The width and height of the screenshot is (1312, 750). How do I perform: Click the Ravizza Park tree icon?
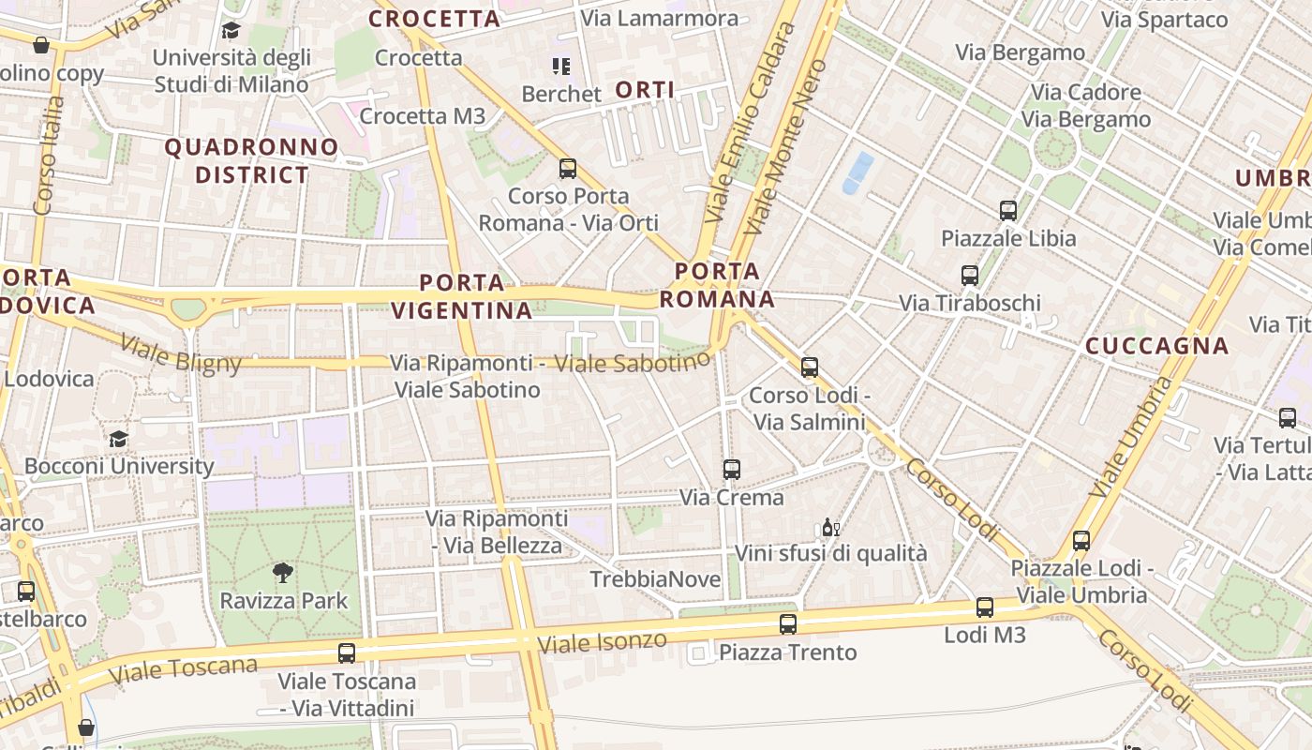click(282, 573)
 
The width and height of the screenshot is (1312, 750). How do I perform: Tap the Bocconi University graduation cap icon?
click(118, 439)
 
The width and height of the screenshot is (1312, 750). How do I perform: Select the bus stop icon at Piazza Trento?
click(788, 624)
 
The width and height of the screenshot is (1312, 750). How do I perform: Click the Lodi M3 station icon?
click(984, 607)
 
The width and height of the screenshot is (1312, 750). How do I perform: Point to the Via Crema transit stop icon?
click(732, 470)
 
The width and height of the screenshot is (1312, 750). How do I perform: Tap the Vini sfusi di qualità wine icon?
click(830, 527)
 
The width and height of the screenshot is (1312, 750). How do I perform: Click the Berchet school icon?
click(561, 67)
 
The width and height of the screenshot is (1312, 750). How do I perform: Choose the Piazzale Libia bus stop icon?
click(1008, 211)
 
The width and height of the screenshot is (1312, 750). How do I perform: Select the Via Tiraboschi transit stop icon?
click(970, 276)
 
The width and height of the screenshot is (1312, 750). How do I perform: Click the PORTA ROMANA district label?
click(718, 285)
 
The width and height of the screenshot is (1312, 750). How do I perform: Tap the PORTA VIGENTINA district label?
click(461, 296)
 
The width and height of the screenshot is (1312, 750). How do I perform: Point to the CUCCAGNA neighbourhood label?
click(1156, 346)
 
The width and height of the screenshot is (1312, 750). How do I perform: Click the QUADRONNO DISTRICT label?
click(251, 160)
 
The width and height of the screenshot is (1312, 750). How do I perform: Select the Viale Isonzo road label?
click(602, 643)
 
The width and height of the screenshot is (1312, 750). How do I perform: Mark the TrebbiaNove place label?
click(655, 579)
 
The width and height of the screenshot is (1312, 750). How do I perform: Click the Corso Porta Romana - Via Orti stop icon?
click(568, 169)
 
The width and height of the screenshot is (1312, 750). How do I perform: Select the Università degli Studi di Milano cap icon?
click(231, 31)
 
